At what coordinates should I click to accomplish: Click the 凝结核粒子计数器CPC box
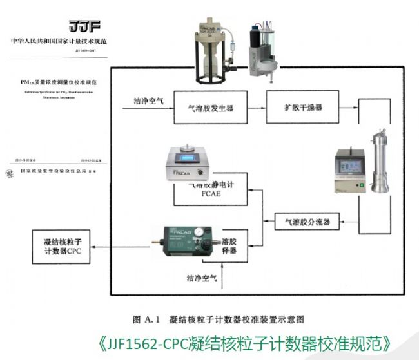click(61, 245)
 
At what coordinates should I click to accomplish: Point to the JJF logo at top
click(85, 26)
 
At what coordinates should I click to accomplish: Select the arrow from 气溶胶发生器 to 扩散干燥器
click(254, 108)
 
